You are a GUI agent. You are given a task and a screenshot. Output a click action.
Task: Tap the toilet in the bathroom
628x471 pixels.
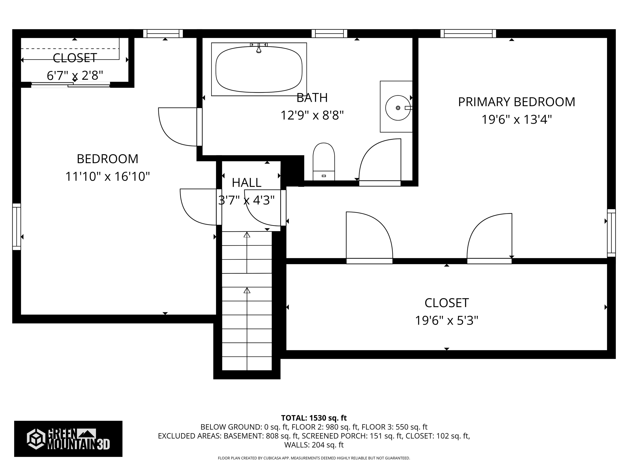[324, 162]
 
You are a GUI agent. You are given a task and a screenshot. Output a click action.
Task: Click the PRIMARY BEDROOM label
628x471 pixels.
[516, 102]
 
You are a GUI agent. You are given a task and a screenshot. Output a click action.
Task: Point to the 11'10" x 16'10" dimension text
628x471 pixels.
[108, 177]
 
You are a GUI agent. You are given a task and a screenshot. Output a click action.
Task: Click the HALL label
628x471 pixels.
[246, 183]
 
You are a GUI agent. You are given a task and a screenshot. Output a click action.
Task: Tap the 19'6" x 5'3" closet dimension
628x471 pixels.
[447, 321]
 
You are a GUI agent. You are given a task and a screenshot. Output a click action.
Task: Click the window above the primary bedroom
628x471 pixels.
[468, 34]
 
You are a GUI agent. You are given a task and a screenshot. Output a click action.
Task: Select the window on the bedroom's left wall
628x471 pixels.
[17, 227]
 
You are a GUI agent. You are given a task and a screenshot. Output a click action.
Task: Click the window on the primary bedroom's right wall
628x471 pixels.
[611, 233]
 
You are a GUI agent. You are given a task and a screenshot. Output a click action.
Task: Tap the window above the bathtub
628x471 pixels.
[329, 34]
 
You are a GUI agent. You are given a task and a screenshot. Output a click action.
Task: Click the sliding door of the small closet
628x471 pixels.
[70, 85]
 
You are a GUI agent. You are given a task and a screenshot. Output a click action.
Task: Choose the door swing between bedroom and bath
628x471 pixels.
[177, 127]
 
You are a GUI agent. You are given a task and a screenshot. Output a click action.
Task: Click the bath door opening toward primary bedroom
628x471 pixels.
[380, 162]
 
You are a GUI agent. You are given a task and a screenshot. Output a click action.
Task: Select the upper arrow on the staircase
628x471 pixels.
[247, 235]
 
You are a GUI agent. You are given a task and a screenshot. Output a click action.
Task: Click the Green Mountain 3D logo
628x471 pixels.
[68, 439]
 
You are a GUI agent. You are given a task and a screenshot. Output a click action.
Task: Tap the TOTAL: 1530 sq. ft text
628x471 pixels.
[314, 418]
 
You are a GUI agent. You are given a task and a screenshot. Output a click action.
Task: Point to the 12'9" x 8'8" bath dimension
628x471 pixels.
[312, 116]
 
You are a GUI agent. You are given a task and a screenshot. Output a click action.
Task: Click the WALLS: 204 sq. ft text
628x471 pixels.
[314, 445]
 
